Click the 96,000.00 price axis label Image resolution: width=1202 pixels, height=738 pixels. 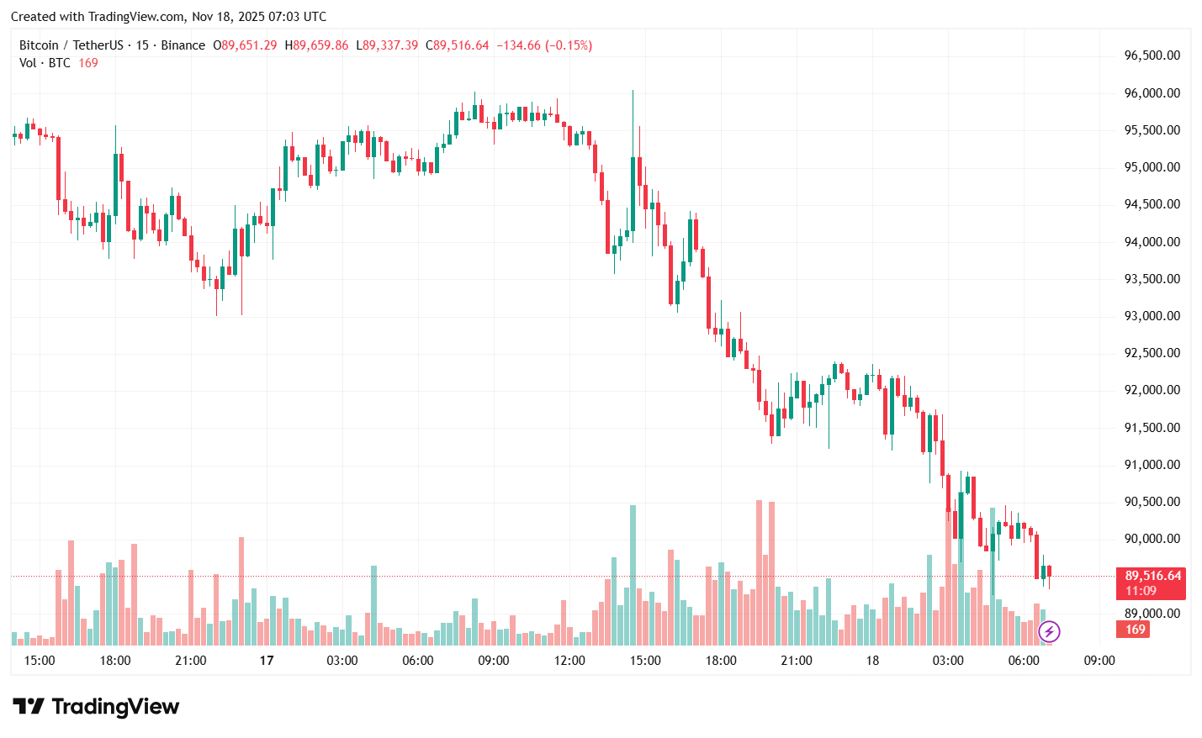pyautogui.click(x=1152, y=93)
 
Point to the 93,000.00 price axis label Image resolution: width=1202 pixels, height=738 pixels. pyautogui.click(x=1152, y=316)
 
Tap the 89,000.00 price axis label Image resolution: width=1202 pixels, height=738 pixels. pyautogui.click(x=1152, y=614)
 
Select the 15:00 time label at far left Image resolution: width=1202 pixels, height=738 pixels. pyautogui.click(x=40, y=661)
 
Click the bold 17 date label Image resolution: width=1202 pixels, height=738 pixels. pyautogui.click(x=267, y=661)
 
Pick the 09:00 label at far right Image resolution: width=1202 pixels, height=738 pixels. pyautogui.click(x=1099, y=661)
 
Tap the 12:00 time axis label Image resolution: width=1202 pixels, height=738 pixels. pyautogui.click(x=569, y=661)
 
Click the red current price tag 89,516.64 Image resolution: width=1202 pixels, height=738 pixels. pyautogui.click(x=1152, y=576)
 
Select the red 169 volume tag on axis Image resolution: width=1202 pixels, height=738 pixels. pyautogui.click(x=1135, y=630)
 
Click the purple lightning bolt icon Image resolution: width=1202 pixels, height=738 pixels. pyautogui.click(x=1049, y=631)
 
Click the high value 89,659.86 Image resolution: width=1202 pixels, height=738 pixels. pyautogui.click(x=320, y=45)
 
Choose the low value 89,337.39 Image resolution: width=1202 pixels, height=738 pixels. pyautogui.click(x=389, y=45)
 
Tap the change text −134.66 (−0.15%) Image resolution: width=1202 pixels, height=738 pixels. pyautogui.click(x=543, y=45)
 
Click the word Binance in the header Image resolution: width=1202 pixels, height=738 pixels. pyautogui.click(x=183, y=45)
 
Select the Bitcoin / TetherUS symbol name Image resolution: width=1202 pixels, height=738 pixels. pyautogui.click(x=71, y=45)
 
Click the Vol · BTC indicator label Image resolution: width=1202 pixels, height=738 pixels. pyautogui.click(x=45, y=63)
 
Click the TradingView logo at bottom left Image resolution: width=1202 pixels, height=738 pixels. pyautogui.click(x=96, y=707)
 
